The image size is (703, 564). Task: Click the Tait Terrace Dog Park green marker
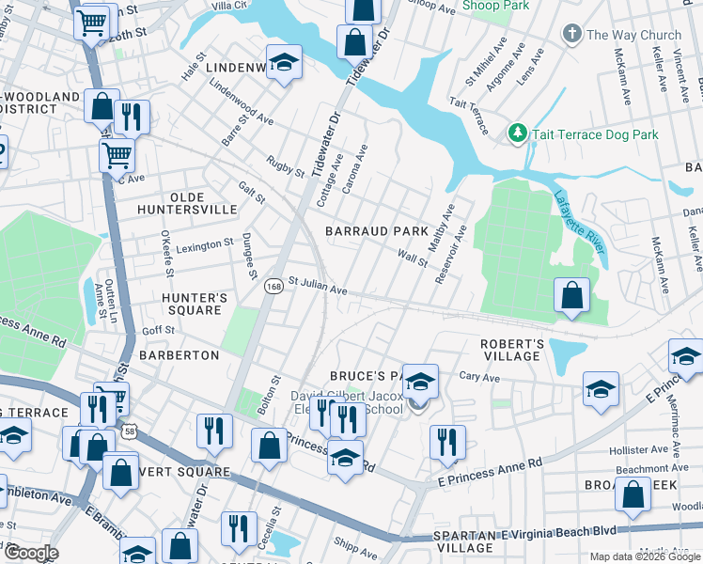[516, 134]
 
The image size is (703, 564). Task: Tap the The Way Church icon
[570, 36]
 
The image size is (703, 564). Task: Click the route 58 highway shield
[128, 432]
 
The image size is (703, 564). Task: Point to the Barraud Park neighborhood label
[376, 230]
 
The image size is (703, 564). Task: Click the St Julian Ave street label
[318, 285]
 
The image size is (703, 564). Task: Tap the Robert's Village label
[512, 350]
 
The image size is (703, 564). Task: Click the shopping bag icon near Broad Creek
[634, 495]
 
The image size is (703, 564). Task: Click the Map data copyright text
[644, 556]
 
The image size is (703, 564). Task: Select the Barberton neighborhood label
[179, 355]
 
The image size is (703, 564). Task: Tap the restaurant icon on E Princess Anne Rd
[447, 443]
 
